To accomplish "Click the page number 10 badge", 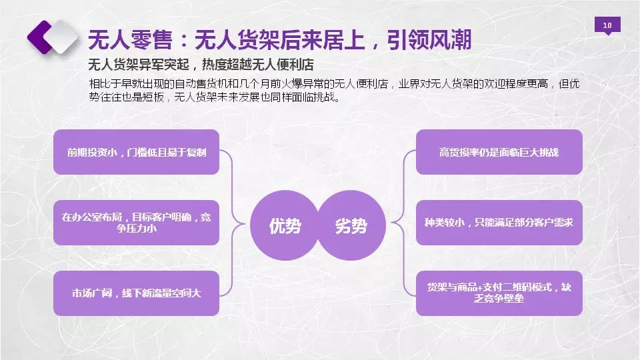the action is pos(607,25).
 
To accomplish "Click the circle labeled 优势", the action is pos(285,225).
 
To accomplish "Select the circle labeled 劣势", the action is pos(351,225).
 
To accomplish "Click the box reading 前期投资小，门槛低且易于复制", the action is pos(136,152).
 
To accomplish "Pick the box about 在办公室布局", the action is pos(136,223).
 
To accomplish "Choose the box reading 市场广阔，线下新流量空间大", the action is pos(136,293).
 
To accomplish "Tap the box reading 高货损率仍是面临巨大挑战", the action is pos(499,152).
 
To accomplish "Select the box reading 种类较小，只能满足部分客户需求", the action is pos(499,223).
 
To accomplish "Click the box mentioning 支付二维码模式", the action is pos(499,293).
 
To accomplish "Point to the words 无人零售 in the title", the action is pos(130,39).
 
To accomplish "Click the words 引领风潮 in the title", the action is pos(429,39).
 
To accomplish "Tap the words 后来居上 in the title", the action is pos(301,39).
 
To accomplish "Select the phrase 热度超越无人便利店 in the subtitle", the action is pos(257,65).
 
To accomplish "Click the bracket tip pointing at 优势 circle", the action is pos(245,223).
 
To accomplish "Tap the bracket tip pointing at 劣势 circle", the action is pos(392,223).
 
